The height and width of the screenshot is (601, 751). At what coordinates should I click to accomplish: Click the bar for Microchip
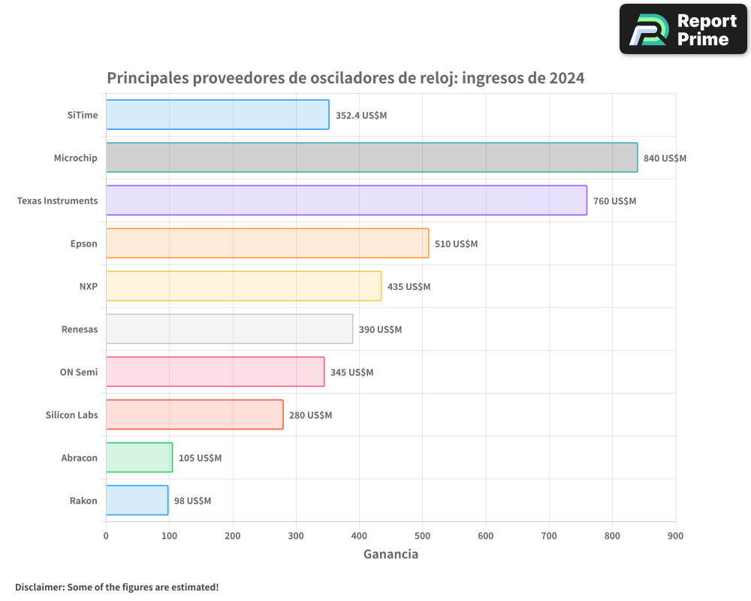tap(372, 158)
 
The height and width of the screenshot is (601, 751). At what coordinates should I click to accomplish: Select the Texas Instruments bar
tap(346, 201)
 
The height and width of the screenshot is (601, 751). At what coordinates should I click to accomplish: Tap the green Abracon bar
tap(139, 458)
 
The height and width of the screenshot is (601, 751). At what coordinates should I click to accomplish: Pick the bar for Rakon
tap(137, 500)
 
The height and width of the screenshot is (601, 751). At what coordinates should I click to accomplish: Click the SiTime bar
tap(217, 115)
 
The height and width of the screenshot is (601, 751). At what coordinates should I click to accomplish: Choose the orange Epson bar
tap(267, 243)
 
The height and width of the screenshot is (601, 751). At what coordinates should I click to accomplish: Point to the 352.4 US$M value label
tap(361, 116)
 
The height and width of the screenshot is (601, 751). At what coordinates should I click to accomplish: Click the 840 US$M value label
tap(665, 159)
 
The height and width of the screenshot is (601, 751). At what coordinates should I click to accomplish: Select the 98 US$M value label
tap(192, 501)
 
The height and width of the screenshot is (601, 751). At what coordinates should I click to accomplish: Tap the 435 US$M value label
tap(409, 287)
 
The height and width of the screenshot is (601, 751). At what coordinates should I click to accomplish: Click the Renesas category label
tap(80, 329)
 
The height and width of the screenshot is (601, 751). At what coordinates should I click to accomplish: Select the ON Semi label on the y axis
tap(79, 372)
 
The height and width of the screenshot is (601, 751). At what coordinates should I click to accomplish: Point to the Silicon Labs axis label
tap(71, 415)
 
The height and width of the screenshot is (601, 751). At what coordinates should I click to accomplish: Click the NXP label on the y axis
tap(89, 286)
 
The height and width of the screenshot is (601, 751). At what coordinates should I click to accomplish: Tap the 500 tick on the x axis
tap(422, 536)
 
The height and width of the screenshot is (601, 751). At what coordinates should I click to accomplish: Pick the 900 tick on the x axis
tap(675, 536)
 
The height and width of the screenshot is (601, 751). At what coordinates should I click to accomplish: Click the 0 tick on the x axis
tap(106, 536)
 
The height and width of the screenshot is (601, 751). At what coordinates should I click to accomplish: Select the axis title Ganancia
tap(391, 554)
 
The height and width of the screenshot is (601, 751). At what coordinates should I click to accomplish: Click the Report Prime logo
tap(683, 29)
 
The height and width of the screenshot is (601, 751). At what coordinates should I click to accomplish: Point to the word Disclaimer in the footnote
tap(39, 587)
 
